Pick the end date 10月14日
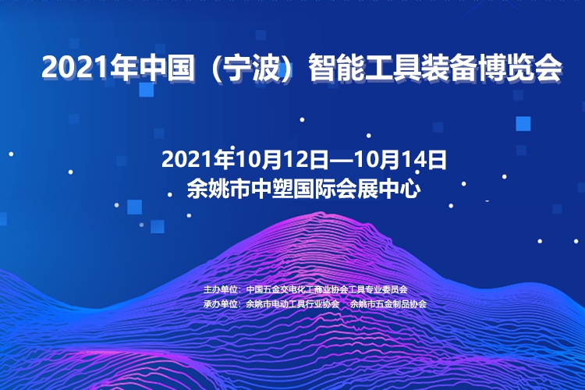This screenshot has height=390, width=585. pos(400,160)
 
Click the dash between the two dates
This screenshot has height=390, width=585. pos(342,161)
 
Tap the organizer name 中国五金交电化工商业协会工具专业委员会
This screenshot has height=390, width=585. pos(327,289)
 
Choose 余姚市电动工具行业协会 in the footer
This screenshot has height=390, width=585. pos(292,303)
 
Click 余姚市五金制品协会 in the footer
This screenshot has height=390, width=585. pos(388,303)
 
